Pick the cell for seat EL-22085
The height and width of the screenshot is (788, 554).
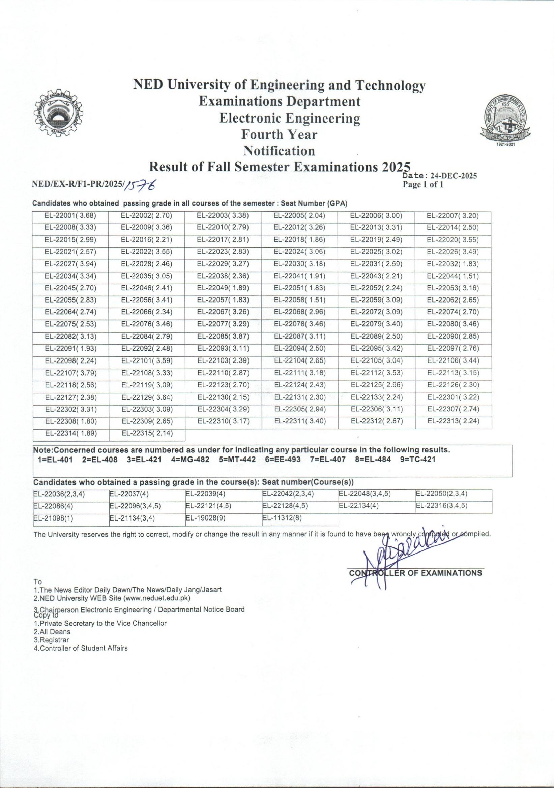click(223, 336)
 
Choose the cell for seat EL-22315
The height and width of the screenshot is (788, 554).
click(147, 434)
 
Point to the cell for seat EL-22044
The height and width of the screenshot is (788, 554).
click(453, 276)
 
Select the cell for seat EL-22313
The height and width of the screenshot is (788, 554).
click(454, 421)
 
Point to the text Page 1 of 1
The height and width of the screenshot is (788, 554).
click(423, 185)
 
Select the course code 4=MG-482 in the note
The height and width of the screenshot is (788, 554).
click(189, 460)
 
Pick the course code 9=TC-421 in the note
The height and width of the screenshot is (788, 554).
click(418, 459)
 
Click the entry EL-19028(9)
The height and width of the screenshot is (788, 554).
click(205, 518)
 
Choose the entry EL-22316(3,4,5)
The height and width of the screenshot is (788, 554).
click(442, 506)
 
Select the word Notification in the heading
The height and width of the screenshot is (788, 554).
click(279, 151)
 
